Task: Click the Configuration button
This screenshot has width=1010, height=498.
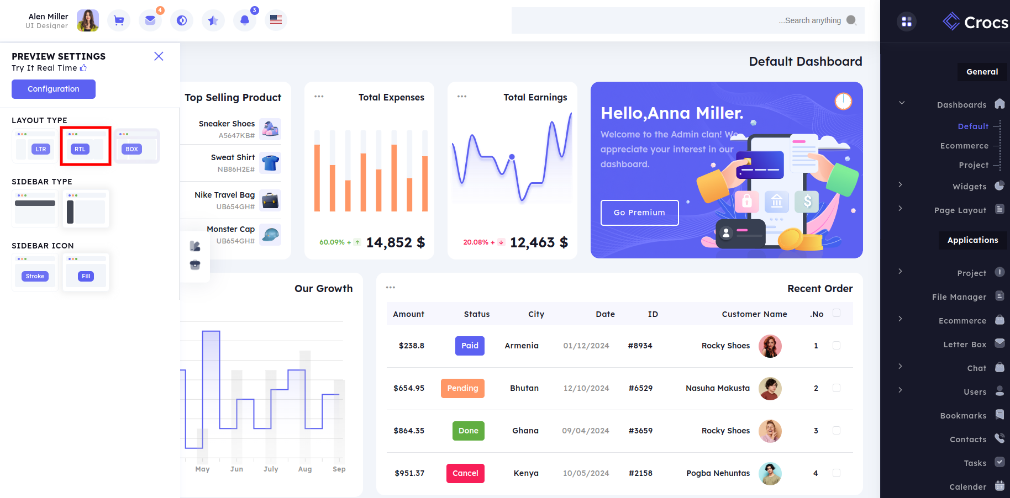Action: (54, 89)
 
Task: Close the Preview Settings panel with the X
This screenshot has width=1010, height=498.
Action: (159, 56)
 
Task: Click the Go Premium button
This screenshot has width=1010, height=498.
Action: (639, 213)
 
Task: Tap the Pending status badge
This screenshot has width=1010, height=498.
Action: (462, 388)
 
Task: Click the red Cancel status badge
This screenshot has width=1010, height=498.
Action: (465, 473)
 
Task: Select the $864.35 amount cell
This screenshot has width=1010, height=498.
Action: (409, 431)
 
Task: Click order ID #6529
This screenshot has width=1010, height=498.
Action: (640, 388)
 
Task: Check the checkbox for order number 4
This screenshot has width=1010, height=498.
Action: (837, 473)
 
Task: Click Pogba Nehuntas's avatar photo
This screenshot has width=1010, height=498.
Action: (770, 473)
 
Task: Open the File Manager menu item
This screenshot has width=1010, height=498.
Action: (959, 297)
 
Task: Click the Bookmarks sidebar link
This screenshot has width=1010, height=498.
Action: (963, 416)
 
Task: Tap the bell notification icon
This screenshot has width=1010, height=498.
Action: (245, 20)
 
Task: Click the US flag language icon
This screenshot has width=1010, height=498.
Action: (276, 20)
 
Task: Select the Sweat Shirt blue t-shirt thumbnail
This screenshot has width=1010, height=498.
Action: (270, 163)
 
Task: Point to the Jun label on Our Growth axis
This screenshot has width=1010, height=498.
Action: (236, 469)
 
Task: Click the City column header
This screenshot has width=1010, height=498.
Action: (536, 314)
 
